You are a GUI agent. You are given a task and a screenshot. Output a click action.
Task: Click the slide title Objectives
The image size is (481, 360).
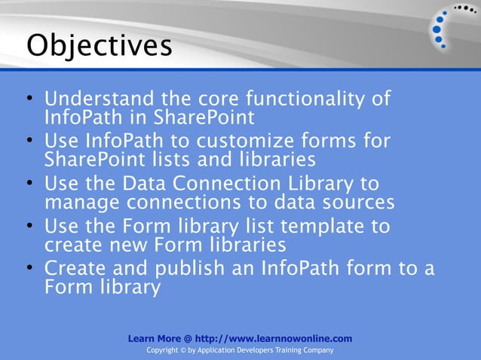click(x=99, y=45)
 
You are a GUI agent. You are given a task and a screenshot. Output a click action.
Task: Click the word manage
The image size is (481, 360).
click(x=82, y=203)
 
